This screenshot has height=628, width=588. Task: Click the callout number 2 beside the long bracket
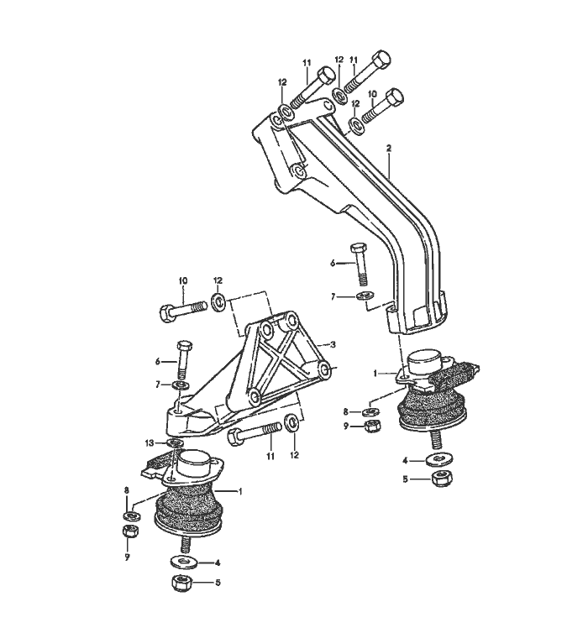click(388, 149)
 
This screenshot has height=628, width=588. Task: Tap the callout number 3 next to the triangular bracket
click(333, 344)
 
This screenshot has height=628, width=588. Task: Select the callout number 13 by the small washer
click(150, 443)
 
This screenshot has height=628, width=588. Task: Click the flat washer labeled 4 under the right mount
click(439, 460)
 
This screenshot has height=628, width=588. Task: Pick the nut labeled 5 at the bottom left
click(183, 583)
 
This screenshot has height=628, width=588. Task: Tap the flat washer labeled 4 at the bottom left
click(184, 562)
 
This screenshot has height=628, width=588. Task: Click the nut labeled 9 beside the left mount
click(130, 532)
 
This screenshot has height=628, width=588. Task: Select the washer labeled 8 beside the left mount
click(131, 515)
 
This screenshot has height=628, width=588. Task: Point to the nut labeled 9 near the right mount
click(373, 426)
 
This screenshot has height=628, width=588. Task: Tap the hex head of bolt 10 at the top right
click(394, 97)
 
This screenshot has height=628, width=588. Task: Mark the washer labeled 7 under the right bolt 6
click(365, 296)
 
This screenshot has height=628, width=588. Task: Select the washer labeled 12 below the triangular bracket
click(291, 423)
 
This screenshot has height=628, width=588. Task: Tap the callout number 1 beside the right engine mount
click(375, 374)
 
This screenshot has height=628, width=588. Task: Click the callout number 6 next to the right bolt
click(333, 263)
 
